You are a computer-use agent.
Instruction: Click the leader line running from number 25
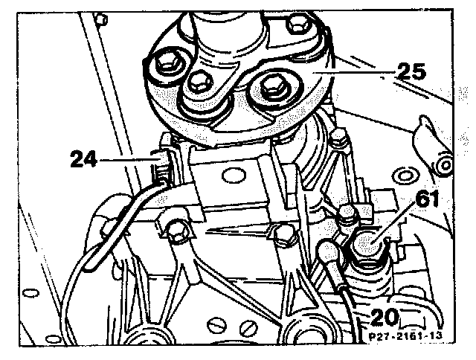click(350, 74)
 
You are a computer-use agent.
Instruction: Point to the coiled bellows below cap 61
click(370, 286)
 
